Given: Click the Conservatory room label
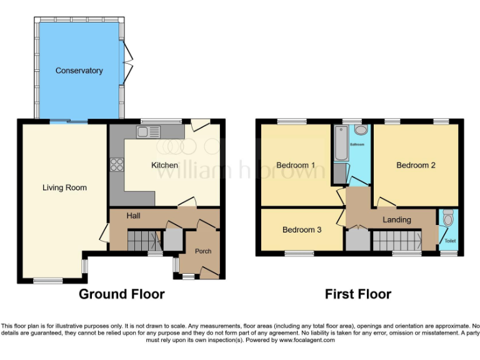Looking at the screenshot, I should [79, 71].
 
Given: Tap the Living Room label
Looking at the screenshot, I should [64, 187].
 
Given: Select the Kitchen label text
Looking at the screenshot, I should [164, 165].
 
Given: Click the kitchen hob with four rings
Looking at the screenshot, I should [117, 164].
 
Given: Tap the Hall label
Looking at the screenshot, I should [133, 216].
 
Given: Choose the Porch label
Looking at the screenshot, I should [203, 251].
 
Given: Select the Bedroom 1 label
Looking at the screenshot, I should [296, 165].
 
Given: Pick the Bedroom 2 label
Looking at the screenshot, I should [416, 165].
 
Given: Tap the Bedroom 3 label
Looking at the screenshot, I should [302, 229].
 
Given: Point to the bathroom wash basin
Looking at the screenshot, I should [361, 131].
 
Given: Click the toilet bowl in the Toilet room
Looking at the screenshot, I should [447, 219].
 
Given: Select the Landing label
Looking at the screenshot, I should [397, 219].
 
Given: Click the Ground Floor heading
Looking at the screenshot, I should [121, 294].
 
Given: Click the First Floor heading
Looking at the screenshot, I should [358, 294].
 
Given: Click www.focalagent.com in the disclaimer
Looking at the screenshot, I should [306, 341].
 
